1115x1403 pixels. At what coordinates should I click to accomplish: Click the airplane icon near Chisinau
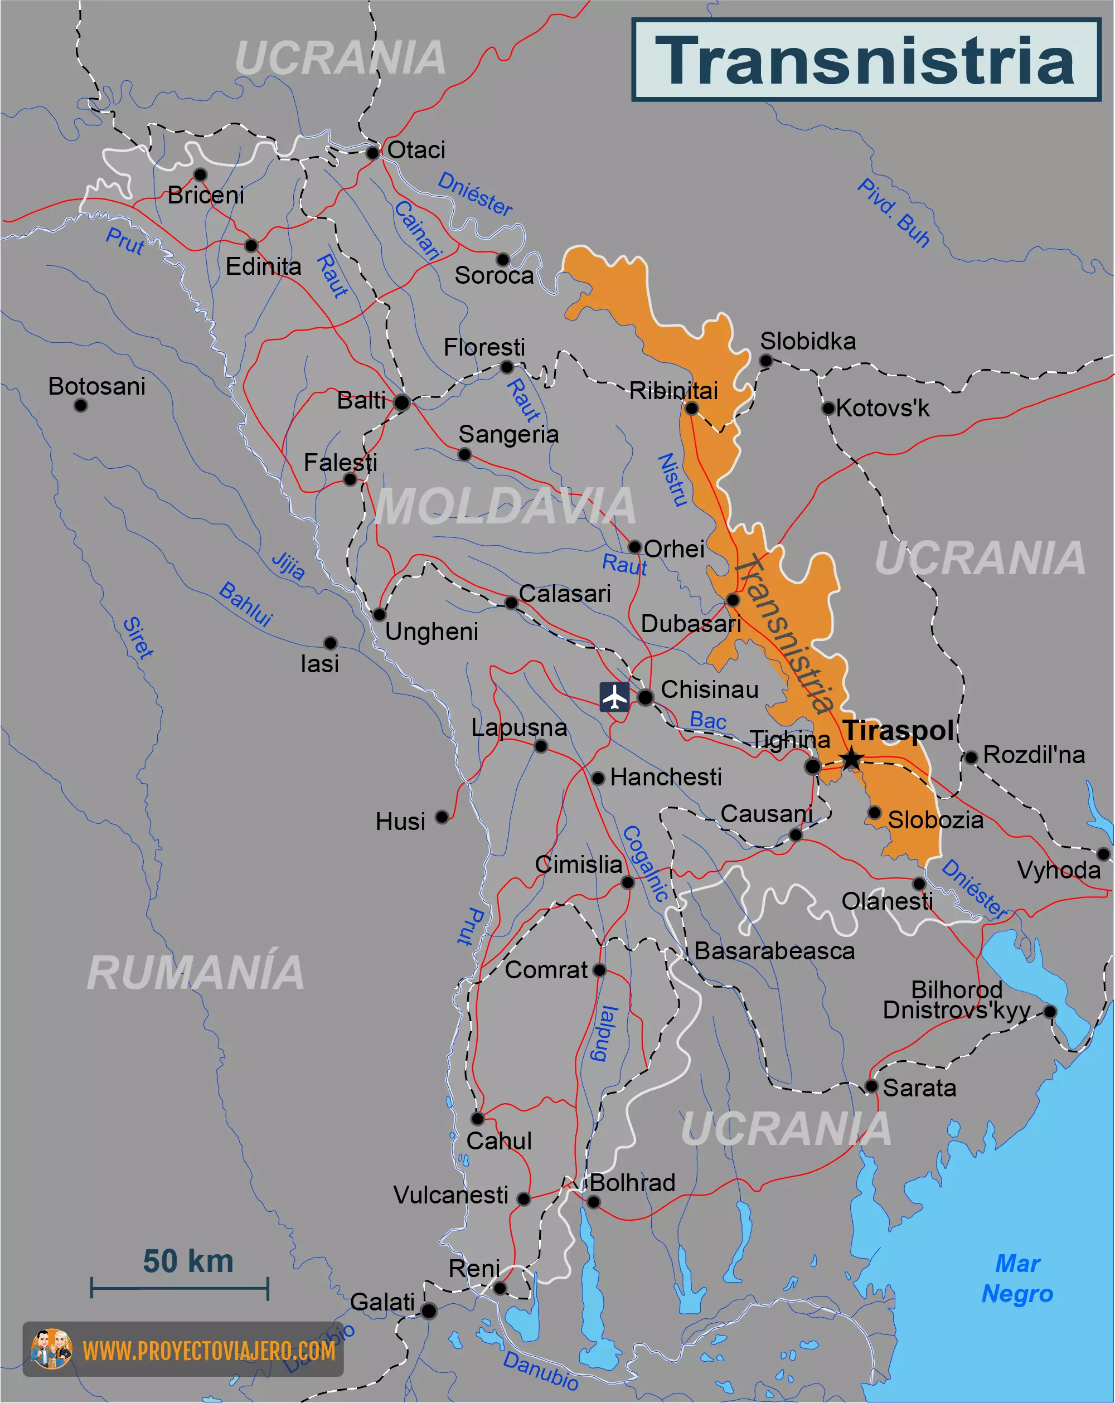click(x=614, y=697)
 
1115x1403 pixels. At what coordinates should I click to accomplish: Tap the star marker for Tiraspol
click(x=851, y=759)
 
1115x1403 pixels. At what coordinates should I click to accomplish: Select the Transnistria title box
click(x=866, y=60)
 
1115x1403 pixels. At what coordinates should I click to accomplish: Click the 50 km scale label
click(x=188, y=1261)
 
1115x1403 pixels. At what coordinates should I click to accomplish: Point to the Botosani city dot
click(x=81, y=405)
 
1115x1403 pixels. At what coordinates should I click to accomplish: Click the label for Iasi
click(x=319, y=664)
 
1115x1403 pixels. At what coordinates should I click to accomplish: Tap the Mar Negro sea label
click(x=1017, y=1279)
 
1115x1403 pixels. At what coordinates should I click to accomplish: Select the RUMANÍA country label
click(x=195, y=973)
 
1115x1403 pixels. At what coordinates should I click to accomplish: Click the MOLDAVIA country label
click(x=505, y=506)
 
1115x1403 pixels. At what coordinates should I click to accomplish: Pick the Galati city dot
click(x=428, y=1310)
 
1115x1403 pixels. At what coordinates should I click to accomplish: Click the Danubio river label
click(x=540, y=1371)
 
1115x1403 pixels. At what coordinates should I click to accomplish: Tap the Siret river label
click(x=138, y=637)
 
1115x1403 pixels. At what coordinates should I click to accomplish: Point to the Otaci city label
click(x=416, y=151)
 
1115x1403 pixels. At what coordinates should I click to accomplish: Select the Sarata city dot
click(x=871, y=1086)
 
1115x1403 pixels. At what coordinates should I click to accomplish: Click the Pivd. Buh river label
click(x=893, y=213)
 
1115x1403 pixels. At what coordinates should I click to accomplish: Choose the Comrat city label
click(x=546, y=970)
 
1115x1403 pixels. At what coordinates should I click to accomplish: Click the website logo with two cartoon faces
click(x=51, y=1349)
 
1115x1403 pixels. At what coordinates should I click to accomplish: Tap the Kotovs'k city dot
click(x=828, y=409)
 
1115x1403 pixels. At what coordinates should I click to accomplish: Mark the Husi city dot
click(x=442, y=817)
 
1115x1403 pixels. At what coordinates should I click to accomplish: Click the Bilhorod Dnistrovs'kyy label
click(x=956, y=999)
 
